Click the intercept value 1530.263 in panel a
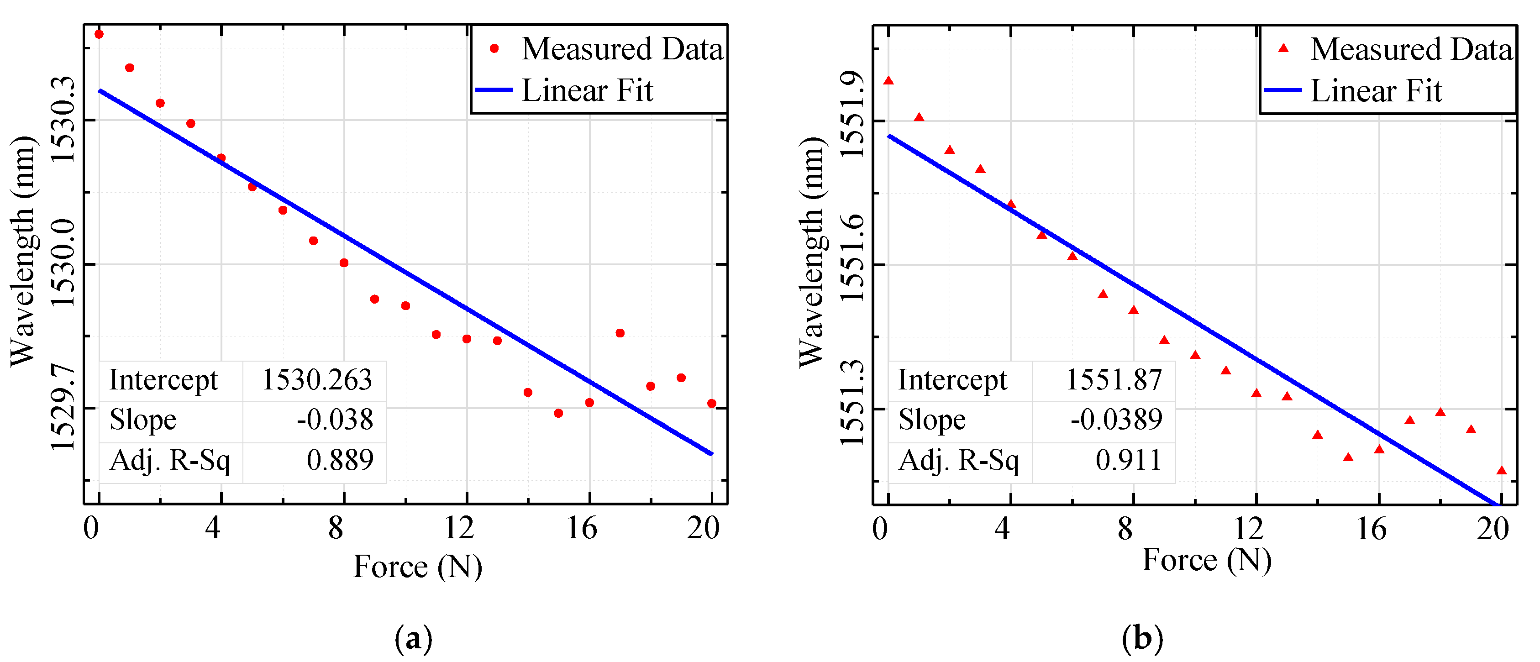click(317, 380)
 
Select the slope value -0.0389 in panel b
click(1115, 420)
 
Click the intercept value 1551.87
click(1113, 380)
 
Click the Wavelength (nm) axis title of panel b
click(812, 251)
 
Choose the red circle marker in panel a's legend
click(494, 48)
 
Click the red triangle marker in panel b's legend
click(1283, 48)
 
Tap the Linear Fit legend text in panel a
click(587, 90)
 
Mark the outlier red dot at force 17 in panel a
click(620, 333)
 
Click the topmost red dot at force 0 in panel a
click(99, 34)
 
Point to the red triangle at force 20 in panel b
click(1501, 471)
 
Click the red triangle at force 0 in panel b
click(888, 81)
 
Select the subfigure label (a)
click(413, 639)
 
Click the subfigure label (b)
click(1142, 639)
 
